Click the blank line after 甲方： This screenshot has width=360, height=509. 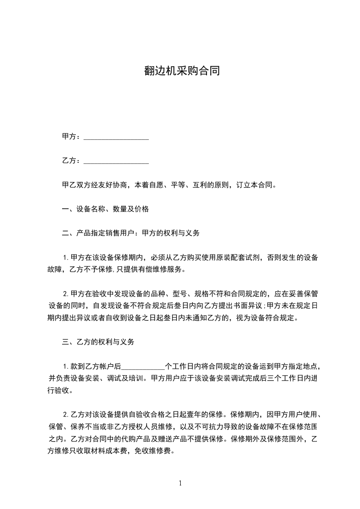point(117,137)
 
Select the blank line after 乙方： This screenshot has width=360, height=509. point(117,161)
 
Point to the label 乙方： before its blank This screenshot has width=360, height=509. point(71,161)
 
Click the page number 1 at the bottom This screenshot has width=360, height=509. point(180,483)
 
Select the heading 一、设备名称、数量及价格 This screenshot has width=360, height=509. point(105,209)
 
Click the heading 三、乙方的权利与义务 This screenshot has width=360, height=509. point(98,342)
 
